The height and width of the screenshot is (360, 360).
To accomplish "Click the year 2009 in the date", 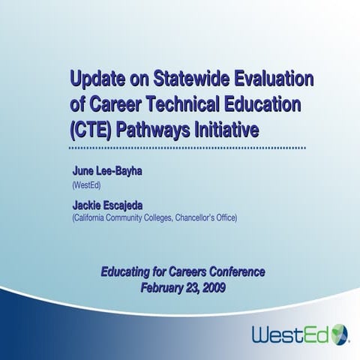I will click(x=212, y=286).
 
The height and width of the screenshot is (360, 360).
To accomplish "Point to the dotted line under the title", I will click(x=187, y=149).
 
